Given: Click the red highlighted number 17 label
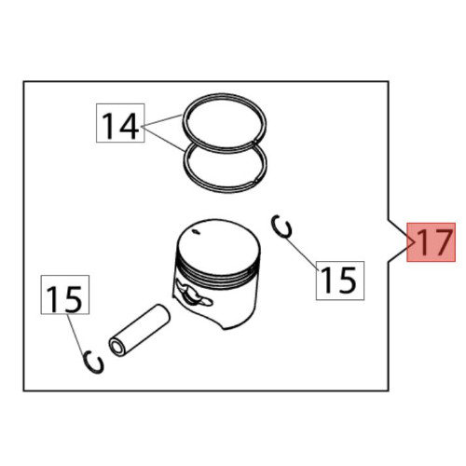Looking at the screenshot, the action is click(432, 242).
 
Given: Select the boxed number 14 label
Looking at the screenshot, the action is click(120, 123).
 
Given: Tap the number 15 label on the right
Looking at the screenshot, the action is click(340, 281).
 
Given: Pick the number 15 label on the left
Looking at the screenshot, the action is click(65, 295).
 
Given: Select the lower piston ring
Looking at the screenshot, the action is click(225, 190).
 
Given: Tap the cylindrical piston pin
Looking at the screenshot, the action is click(140, 329).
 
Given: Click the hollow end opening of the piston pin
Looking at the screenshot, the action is click(117, 348).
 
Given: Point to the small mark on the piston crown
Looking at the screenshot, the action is click(196, 231).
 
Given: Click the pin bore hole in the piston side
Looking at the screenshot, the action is click(193, 295).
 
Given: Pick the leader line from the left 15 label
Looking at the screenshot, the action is click(76, 334).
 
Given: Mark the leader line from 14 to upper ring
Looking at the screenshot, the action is click(162, 121).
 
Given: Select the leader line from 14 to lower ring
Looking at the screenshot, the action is click(163, 139).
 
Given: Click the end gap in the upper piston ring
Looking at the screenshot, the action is click(254, 142).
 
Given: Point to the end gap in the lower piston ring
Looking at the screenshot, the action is click(255, 180).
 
